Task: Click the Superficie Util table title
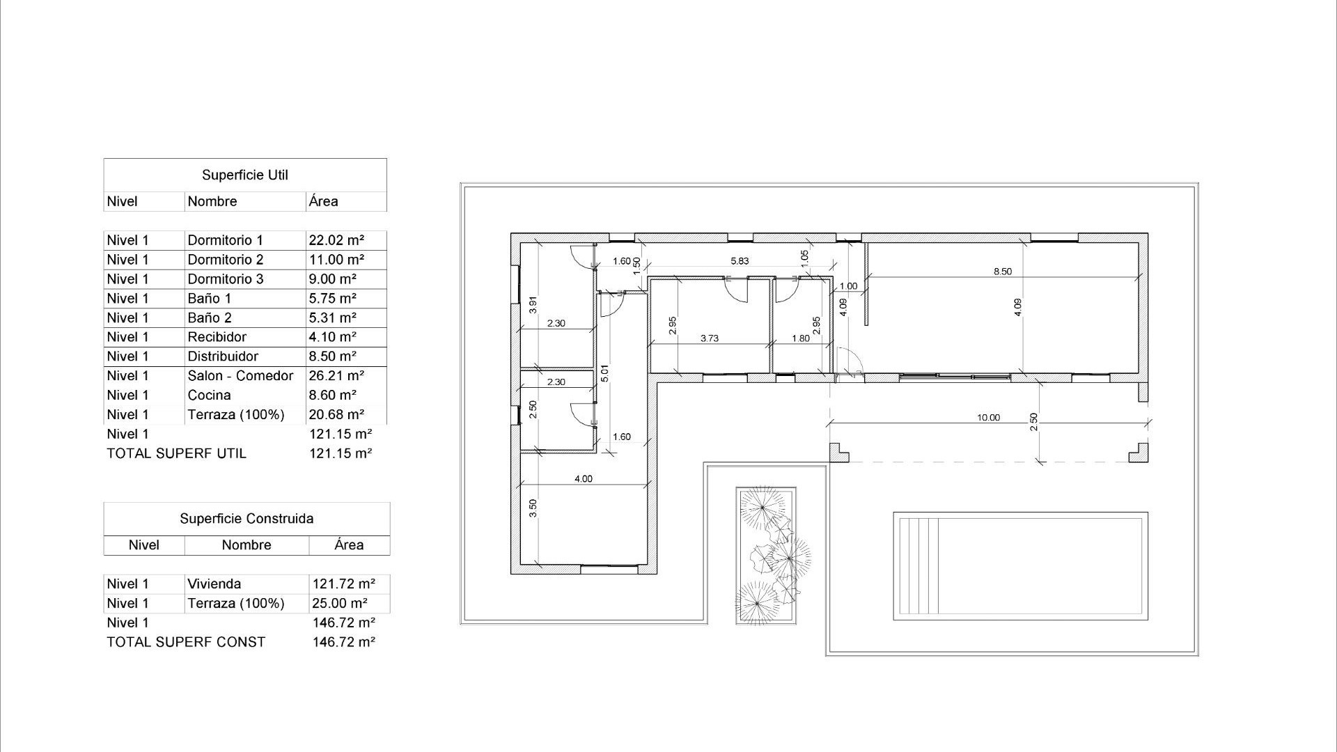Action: coord(244,175)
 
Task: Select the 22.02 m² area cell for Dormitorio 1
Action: coord(336,240)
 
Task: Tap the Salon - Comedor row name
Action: coord(240,376)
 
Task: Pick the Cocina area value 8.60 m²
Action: coord(332,395)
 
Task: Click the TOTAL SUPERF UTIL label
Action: coord(176,453)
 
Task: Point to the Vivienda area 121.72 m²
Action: coord(343,584)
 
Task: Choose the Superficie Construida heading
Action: coord(247,519)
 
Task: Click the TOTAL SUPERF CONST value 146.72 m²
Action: coord(343,642)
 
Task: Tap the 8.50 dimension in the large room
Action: coord(1002,272)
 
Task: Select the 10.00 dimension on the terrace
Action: coord(987,418)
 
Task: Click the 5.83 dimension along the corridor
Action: coord(739,261)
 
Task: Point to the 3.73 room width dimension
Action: coord(709,338)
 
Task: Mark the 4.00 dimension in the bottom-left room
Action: coord(583,479)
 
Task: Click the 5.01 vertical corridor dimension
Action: coord(604,374)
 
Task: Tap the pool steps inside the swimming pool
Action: coord(918,565)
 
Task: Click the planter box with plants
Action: coord(766,556)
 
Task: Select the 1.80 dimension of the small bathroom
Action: coord(801,338)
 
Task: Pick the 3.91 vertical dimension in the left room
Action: coord(533,305)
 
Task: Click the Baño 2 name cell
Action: coord(209,318)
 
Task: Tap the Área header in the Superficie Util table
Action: coord(324,202)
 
